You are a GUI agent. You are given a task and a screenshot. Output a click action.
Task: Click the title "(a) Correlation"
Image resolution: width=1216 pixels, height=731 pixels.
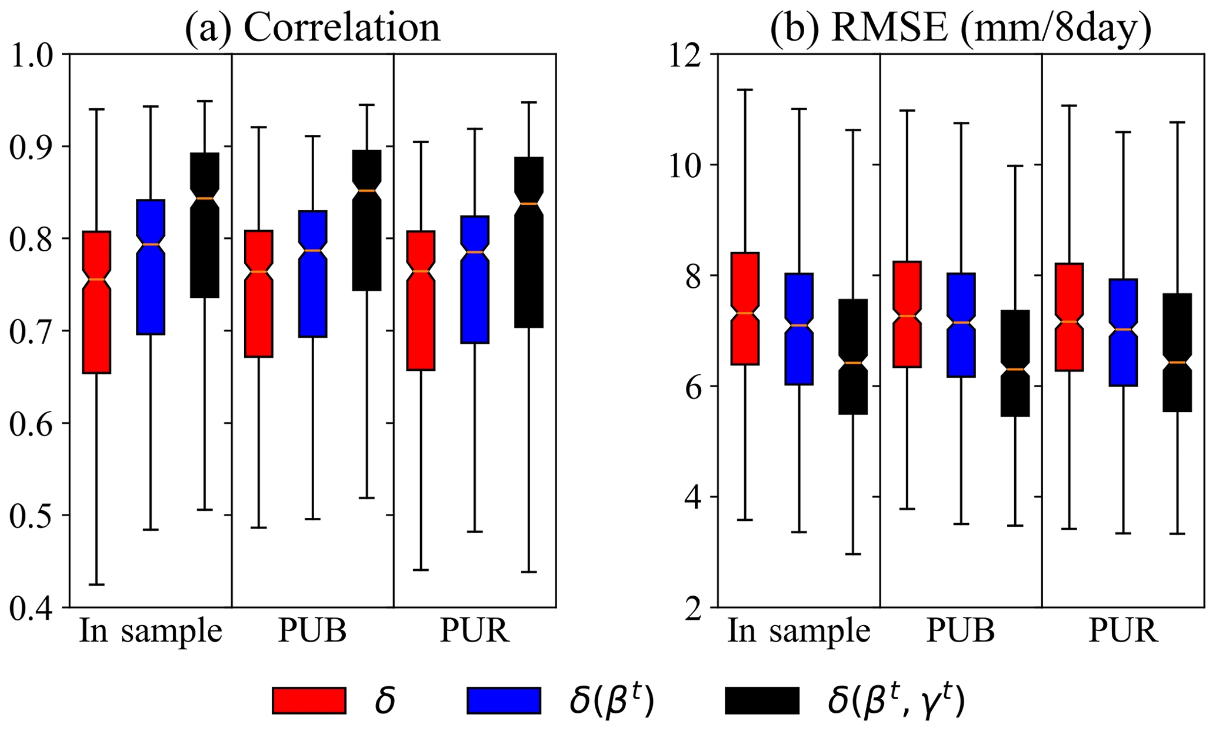tap(312, 27)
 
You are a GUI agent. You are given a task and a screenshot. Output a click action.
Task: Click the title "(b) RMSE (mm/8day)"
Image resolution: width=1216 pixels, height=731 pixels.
tap(961, 27)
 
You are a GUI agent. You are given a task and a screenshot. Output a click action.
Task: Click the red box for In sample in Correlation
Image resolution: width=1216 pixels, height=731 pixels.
tap(96, 318)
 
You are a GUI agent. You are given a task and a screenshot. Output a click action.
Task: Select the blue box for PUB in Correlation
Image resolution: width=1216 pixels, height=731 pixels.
tap(312, 294)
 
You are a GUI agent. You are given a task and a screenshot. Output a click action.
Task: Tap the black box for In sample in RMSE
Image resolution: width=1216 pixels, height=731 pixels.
tap(853, 377)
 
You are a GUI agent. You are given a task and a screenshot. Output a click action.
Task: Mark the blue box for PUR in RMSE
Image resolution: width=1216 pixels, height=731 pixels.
tap(1122, 353)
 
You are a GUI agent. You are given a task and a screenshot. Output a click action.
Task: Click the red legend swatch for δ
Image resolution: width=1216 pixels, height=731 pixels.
tap(309, 700)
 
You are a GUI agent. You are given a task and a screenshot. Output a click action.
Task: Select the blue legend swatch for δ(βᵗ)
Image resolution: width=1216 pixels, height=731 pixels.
tap(504, 700)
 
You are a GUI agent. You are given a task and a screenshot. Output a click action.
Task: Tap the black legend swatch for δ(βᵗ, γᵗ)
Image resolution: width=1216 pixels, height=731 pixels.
tap(762, 700)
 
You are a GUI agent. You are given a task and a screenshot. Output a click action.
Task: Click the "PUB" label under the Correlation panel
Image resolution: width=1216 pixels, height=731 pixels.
tap(312, 632)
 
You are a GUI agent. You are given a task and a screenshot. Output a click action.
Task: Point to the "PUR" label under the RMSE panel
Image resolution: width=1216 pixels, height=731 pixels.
tap(1123, 632)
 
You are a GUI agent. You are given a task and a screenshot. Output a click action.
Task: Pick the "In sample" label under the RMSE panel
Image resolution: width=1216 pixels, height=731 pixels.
tap(799, 632)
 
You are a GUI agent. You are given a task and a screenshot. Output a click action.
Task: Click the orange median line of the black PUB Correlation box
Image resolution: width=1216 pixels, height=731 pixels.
tap(367, 191)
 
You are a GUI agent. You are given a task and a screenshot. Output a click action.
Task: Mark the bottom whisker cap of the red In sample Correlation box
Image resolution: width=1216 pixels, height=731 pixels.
tap(96, 584)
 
